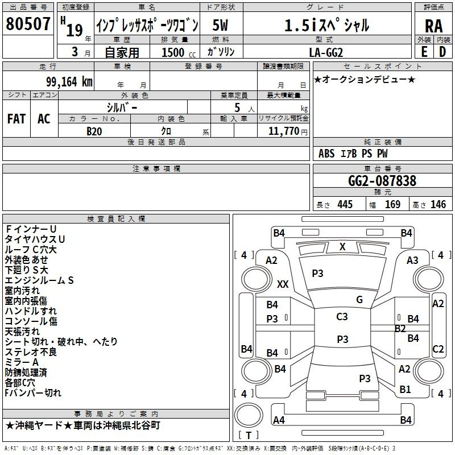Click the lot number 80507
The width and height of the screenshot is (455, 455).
pyautogui.click(x=28, y=23)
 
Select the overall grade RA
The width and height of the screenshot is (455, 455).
pyautogui.click(x=434, y=26)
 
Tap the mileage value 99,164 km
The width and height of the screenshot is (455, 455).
pyautogui.click(x=69, y=82)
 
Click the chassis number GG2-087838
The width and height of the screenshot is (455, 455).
pyautogui.click(x=382, y=180)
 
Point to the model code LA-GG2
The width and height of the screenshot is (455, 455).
pyautogui.click(x=326, y=52)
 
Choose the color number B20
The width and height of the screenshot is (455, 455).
pyautogui.click(x=94, y=131)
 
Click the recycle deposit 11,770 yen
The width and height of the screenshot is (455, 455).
pyautogui.click(x=288, y=131)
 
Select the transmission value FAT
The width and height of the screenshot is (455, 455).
pyautogui.click(x=16, y=119)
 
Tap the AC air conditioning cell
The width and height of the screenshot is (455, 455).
pyautogui.click(x=44, y=119)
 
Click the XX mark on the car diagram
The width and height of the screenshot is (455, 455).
pyautogui.click(x=283, y=284)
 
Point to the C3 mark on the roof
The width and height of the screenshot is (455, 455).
pyautogui.click(x=342, y=317)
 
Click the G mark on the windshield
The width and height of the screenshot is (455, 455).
pyautogui.click(x=359, y=300)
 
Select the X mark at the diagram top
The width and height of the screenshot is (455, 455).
pyautogui.click(x=342, y=247)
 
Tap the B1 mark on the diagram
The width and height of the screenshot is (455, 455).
pyautogui.click(x=405, y=390)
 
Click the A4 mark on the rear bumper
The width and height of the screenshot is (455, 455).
pyautogui.click(x=279, y=420)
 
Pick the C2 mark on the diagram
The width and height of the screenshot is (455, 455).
pyautogui.click(x=438, y=349)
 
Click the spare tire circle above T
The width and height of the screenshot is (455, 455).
pyautogui.click(x=249, y=416)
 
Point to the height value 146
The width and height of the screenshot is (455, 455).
pyautogui.click(x=438, y=204)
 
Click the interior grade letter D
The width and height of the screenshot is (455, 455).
pyautogui.click(x=442, y=52)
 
